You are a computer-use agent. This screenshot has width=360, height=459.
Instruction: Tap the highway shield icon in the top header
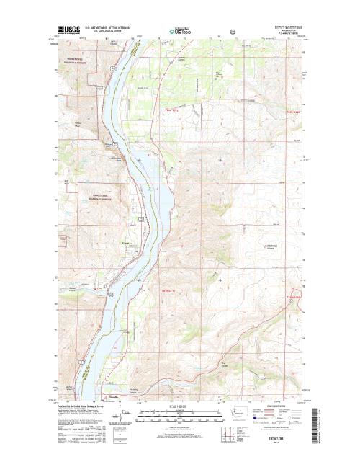pyautogui.click(x=232, y=31)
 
